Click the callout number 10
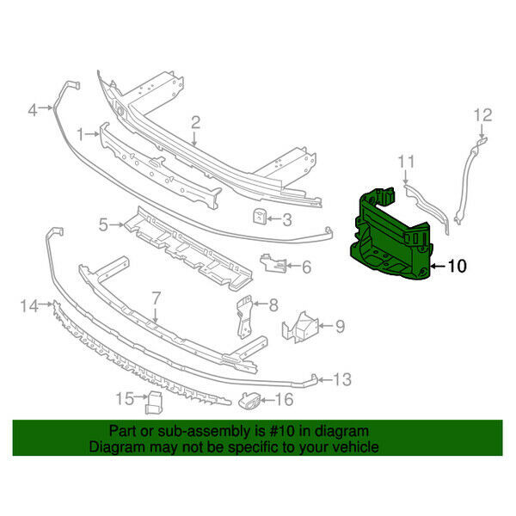tap(458, 267)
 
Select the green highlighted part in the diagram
tap(391, 232)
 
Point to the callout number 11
tap(406, 160)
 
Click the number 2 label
tap(195, 122)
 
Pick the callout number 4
tap(33, 109)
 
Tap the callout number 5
tap(103, 225)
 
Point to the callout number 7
tap(156, 298)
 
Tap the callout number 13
tap(342, 378)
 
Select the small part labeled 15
tap(153, 401)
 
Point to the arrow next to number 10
tap(437, 267)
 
